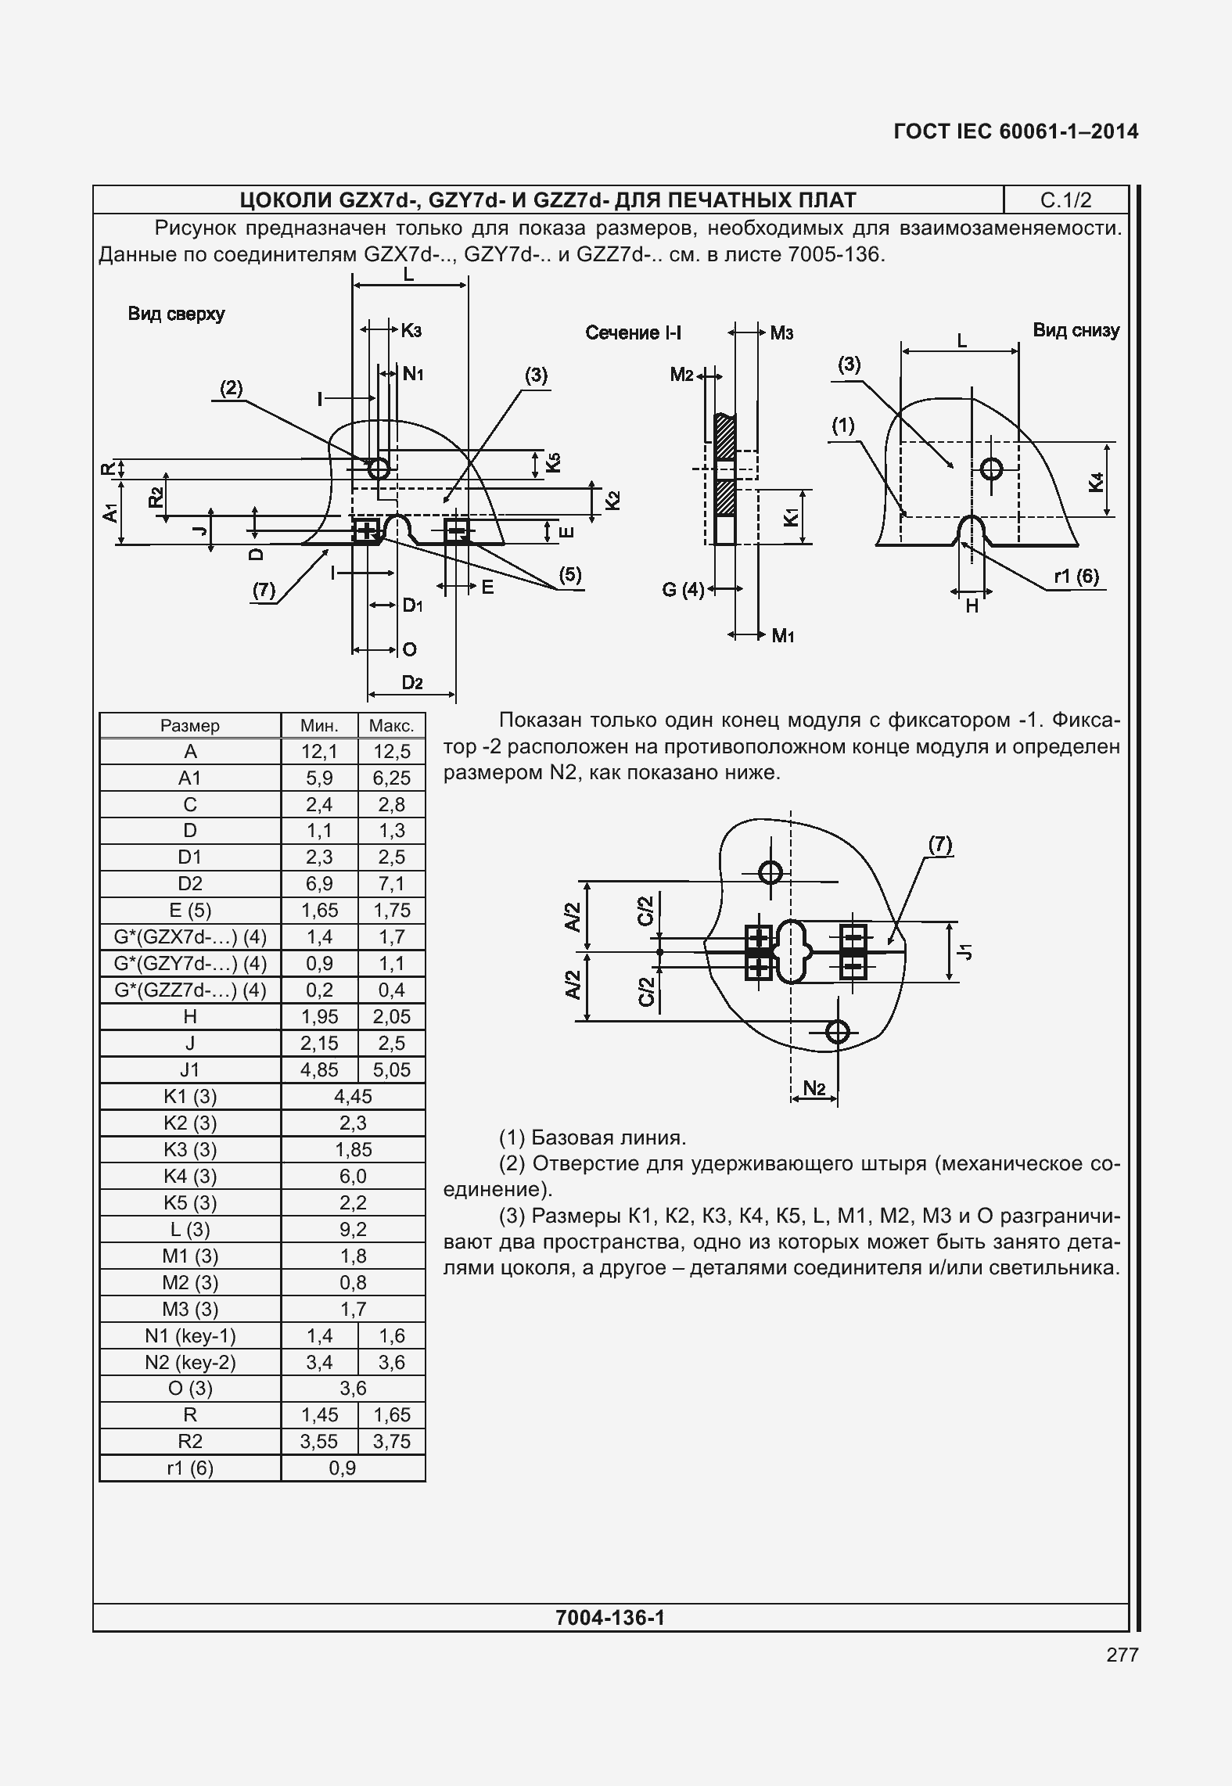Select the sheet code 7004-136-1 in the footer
point(610,1617)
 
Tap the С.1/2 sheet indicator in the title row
point(1065,200)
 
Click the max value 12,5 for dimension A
point(392,752)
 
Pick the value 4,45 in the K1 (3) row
point(354,1096)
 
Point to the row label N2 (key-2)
point(190,1362)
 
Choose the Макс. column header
point(392,725)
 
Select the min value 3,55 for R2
point(319,1441)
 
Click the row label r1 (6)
point(190,1468)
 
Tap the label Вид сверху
point(177,314)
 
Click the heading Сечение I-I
point(634,333)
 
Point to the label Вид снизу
point(1076,330)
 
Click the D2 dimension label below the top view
point(412,683)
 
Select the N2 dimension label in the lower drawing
point(814,1087)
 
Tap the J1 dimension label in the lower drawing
point(968,951)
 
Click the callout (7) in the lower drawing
point(940,844)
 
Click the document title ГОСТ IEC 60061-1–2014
point(1016,131)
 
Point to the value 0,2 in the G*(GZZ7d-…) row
point(319,990)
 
